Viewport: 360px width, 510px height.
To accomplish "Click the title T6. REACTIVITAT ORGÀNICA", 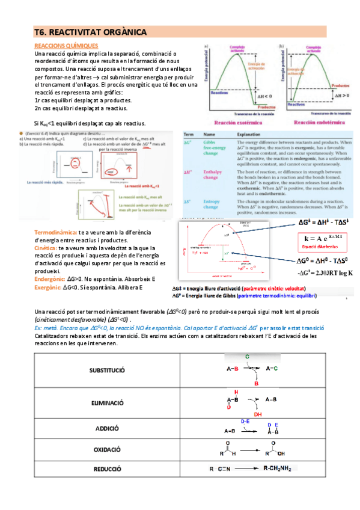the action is point(90,32).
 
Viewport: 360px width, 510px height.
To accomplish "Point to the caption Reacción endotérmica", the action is point(319,122).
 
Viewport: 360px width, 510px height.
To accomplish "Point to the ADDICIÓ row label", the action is point(107,429).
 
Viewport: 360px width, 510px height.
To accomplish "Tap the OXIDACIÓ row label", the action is point(107,449).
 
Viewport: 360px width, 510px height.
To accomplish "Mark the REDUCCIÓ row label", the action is point(107,469).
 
